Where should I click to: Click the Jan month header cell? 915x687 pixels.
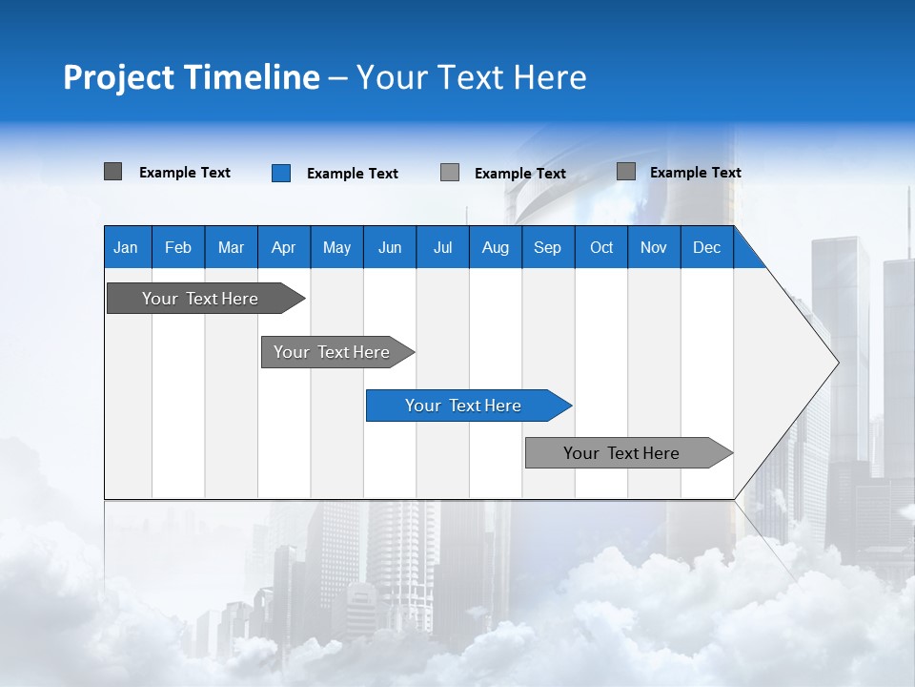127,247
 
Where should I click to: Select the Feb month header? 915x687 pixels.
178,247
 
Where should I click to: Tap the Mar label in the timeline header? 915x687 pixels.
231,247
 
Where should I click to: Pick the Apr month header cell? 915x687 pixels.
284,247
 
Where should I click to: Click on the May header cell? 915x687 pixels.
336,247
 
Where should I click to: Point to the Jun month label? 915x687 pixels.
390,247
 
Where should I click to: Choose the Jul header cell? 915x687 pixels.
442,247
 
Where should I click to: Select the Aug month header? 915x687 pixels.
496,247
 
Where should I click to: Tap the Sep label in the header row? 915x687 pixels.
548,247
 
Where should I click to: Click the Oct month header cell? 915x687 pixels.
601,247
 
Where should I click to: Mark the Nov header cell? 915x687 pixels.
654,247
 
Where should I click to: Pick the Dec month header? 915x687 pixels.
707,247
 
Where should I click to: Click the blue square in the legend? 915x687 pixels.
281,173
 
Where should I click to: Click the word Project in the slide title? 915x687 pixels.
118,77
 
